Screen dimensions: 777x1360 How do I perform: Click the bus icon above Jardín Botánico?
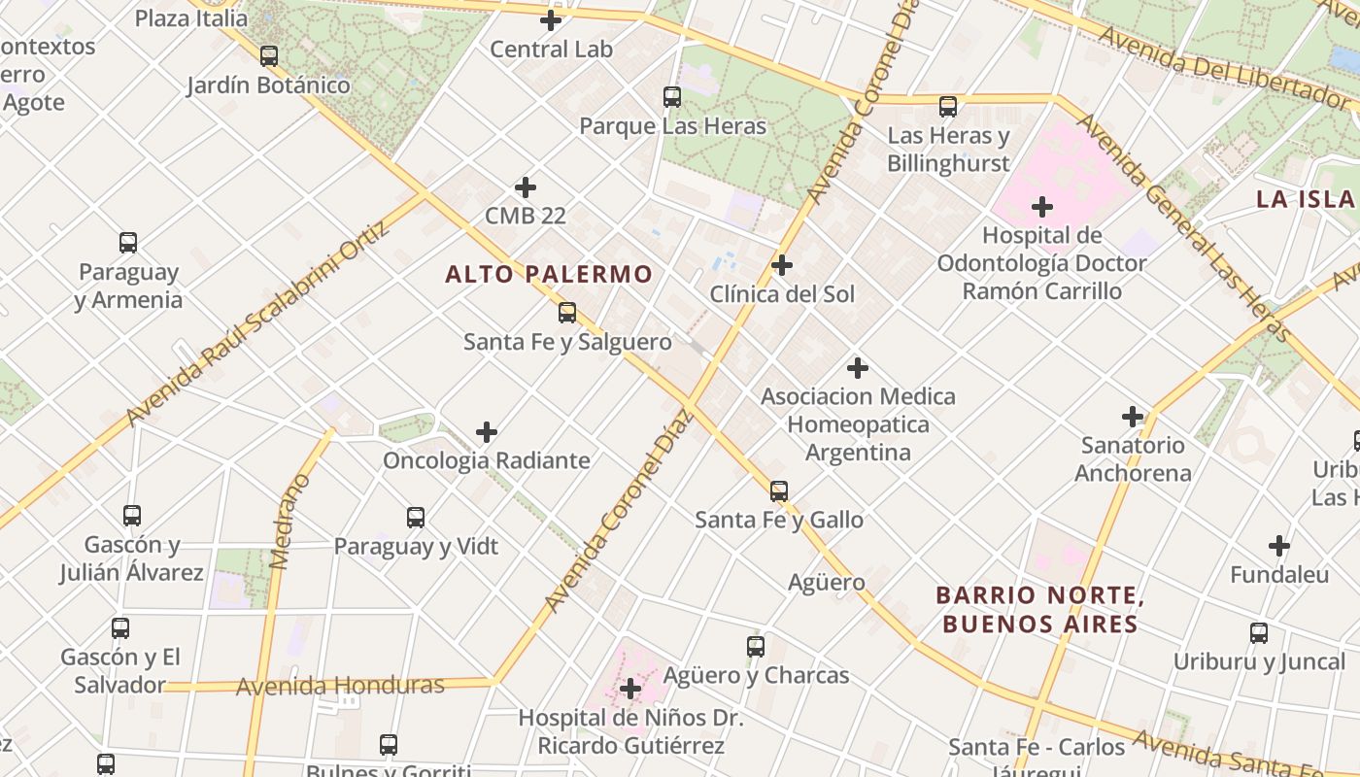269,56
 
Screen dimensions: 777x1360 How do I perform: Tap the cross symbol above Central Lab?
551,20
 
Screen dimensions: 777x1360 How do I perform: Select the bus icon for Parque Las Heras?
671,97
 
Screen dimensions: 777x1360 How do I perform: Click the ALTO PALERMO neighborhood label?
549,274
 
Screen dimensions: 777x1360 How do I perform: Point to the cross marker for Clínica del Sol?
781,265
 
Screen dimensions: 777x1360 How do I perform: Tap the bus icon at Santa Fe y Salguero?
566,313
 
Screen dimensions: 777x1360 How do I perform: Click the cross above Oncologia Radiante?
487,432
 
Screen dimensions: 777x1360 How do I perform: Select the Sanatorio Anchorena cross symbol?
1133,417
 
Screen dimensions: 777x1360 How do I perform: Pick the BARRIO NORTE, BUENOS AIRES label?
1039,609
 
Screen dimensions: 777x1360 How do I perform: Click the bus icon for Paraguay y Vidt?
416,518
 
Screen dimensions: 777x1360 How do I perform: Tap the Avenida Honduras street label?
340,686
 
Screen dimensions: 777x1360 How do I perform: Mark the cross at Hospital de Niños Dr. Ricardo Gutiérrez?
630,690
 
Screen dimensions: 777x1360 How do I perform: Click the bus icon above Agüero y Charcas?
755,647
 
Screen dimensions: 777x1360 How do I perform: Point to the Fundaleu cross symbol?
1279,546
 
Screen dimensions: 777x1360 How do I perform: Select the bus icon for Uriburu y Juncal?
1259,633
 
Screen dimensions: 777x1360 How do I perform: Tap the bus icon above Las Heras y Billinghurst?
948,107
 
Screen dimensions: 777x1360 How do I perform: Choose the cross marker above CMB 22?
526,186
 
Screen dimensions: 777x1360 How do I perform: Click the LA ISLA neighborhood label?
1305,199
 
